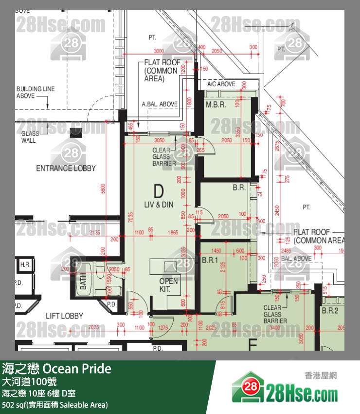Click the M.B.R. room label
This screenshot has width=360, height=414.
pos(216,105)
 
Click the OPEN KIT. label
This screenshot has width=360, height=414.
pos(169,285)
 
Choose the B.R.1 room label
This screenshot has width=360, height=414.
pos(210,261)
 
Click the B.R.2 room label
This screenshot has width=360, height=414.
pos(329,310)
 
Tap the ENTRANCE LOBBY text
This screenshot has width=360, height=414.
pos(66,169)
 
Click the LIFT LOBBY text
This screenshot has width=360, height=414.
pos(64,316)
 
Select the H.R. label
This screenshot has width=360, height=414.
pos(24,264)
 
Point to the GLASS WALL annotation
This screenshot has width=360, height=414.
pos(29,137)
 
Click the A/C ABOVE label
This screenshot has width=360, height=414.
pos(221,84)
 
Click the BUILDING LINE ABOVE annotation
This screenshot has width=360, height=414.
pos(36,93)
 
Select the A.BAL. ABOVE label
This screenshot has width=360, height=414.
pos(160,104)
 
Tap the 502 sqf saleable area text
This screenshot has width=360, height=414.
pos(54,405)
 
